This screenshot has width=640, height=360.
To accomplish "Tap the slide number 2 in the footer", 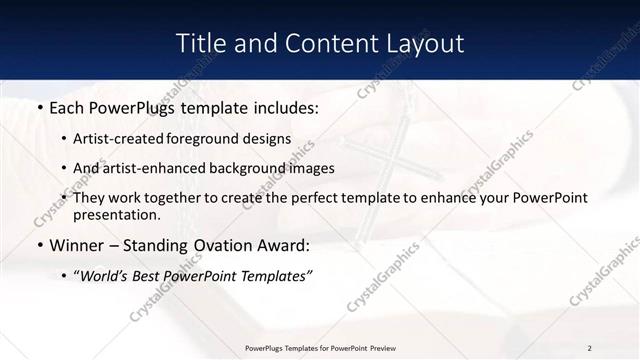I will coord(590,348).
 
